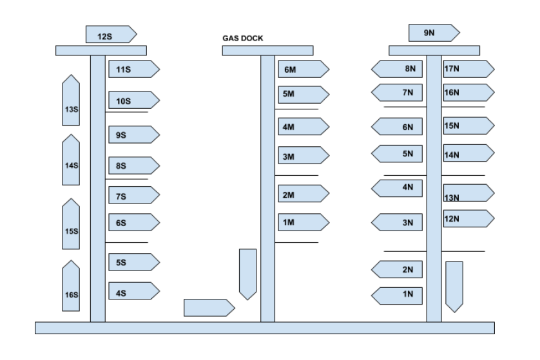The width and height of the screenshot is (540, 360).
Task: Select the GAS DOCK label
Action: coord(242,39)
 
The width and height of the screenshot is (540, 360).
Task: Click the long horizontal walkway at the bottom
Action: coord(264,328)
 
